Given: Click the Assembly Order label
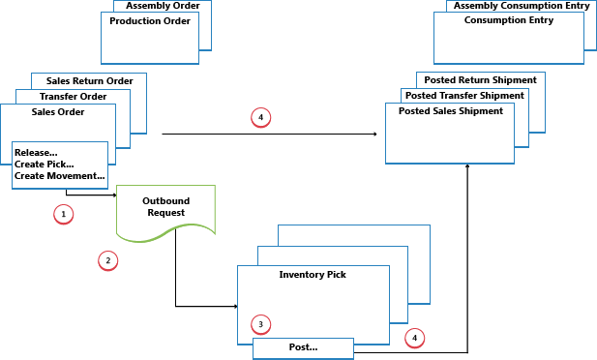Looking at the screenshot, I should click(163, 6).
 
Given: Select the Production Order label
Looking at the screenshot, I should click(150, 20).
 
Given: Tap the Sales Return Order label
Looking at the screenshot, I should click(88, 81).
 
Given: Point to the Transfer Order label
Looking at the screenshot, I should click(73, 97).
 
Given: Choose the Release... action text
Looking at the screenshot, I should click(36, 152).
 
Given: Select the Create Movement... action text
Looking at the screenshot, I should click(59, 175).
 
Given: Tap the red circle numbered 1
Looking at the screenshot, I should click(64, 213).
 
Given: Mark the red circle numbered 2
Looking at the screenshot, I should click(108, 260).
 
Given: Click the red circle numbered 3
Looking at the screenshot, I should click(259, 323).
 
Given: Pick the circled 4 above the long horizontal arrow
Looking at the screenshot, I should click(259, 117).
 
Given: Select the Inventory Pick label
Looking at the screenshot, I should click(313, 275).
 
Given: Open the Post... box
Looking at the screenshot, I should click(303, 347).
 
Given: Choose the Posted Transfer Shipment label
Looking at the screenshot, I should click(464, 96).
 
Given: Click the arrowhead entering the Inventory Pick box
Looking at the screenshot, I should click(234, 307).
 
